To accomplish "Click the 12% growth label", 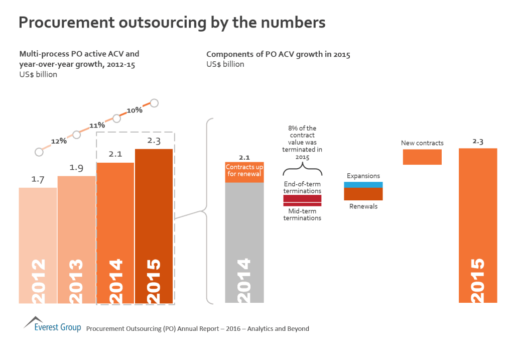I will pyautogui.click(x=59, y=141).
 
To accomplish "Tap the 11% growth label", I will pyautogui.click(x=97, y=125).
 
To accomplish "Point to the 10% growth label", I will pyautogui.click(x=135, y=109).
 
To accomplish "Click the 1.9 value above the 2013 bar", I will pyautogui.click(x=76, y=168).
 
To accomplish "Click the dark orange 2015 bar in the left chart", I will pyautogui.click(x=154, y=226).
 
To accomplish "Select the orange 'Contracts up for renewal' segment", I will pyautogui.click(x=244, y=171).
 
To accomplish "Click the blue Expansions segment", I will pyautogui.click(x=363, y=184).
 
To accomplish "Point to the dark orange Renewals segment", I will pyautogui.click(x=363, y=194).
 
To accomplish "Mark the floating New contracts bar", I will pyautogui.click(x=422, y=157).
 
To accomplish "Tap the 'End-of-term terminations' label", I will pyautogui.click(x=302, y=187).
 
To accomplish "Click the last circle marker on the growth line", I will pyautogui.click(x=154, y=103).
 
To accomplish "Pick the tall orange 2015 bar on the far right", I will pyautogui.click(x=478, y=225).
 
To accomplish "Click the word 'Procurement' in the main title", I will pyautogui.click(x=66, y=23).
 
